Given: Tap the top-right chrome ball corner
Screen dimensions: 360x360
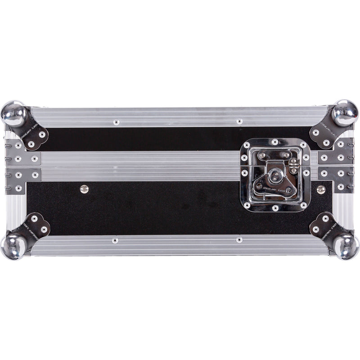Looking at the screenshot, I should click(x=345, y=112).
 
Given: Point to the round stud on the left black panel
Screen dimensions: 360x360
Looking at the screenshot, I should click(x=84, y=189).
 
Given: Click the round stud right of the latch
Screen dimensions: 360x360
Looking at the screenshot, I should click(x=321, y=189).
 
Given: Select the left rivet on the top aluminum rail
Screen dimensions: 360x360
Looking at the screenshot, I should click(x=116, y=121).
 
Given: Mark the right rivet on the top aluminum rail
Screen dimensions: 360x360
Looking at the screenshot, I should click(x=239, y=121).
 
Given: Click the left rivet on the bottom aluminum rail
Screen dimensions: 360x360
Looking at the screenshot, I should click(x=115, y=240).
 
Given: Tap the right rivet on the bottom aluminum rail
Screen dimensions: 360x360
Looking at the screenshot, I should click(x=238, y=240).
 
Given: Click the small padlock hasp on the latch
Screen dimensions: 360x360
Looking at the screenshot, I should click(x=294, y=165).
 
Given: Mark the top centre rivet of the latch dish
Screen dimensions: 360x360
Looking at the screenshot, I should click(x=274, y=142).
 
